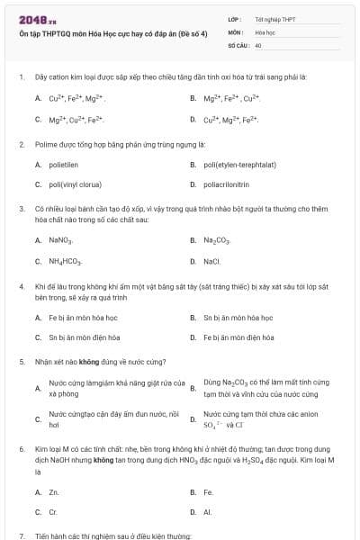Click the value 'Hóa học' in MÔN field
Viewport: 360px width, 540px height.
[x=265, y=31]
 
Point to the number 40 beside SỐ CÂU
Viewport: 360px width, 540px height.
[x=258, y=44]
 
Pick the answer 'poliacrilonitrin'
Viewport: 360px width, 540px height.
[x=227, y=184]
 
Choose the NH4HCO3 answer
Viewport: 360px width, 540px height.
[x=66, y=261]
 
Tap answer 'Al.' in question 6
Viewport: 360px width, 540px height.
[x=208, y=512]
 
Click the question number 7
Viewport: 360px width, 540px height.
[x=22, y=535]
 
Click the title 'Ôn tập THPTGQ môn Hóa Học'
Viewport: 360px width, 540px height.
[x=81, y=33]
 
